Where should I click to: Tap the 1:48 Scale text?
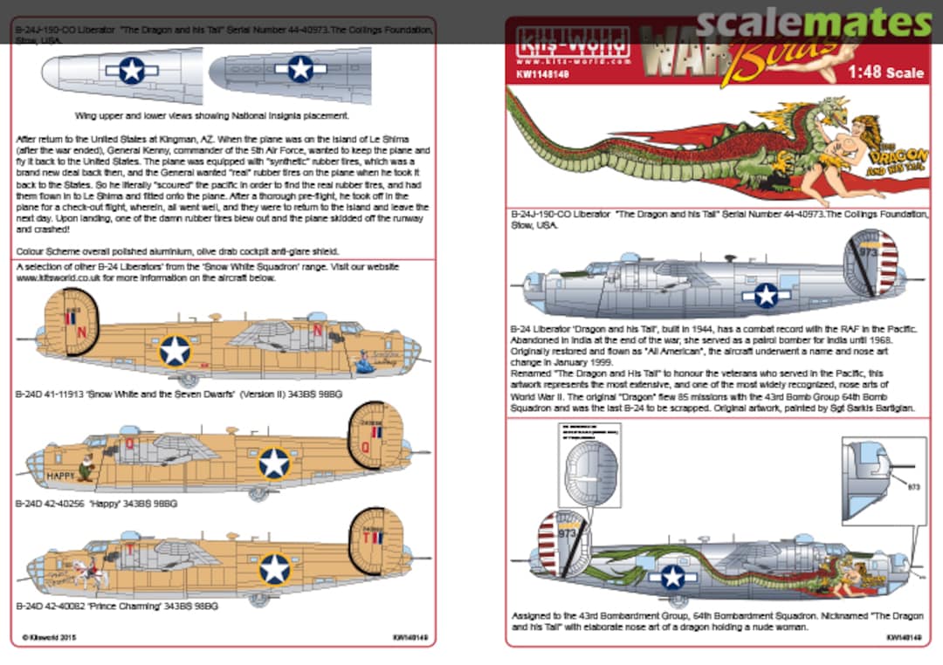pyautogui.click(x=884, y=73)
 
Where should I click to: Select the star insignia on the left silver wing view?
pyautogui.click(x=132, y=70)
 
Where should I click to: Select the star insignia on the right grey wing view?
pyautogui.click(x=300, y=68)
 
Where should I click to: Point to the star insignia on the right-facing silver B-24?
pyautogui.click(x=766, y=296)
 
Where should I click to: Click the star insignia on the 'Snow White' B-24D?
pyautogui.click(x=175, y=351)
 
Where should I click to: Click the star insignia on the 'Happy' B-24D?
pyautogui.click(x=274, y=463)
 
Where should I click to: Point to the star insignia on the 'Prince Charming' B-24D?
pyautogui.click(x=274, y=569)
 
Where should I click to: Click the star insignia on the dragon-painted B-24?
pyautogui.click(x=672, y=577)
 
